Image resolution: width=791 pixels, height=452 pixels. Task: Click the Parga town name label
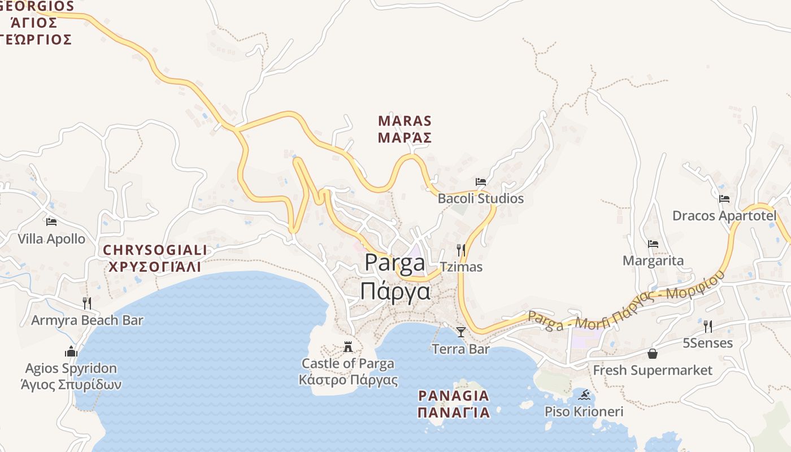pos(395,277)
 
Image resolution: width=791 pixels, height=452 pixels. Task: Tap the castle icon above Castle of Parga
pos(348,346)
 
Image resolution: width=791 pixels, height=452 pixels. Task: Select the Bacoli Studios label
pos(481,198)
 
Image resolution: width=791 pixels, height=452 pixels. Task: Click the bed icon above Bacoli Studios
pos(481,182)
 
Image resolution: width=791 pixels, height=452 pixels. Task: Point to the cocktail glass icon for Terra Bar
pos(461,332)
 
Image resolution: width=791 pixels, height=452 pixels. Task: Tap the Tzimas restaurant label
pos(461,267)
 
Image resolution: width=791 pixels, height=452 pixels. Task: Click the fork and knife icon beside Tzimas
pos(461,250)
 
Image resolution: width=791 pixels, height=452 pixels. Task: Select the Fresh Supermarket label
pos(653,371)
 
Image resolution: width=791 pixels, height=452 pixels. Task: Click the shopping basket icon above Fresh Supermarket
pos(653,354)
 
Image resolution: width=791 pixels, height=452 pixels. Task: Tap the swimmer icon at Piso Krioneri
pos(584,394)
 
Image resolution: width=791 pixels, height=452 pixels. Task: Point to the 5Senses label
pos(707,343)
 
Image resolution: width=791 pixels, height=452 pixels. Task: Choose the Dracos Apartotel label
pos(724,216)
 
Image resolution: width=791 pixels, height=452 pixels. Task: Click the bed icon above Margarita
pos(653,244)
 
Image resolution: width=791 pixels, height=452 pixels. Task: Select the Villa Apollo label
pos(51,239)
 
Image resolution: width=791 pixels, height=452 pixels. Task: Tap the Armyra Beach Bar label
pos(87,320)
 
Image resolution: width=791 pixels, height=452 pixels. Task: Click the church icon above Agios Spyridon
pos(71,351)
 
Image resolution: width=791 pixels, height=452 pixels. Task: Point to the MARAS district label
pos(405,129)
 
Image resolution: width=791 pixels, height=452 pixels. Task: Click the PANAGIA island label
pos(454,404)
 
